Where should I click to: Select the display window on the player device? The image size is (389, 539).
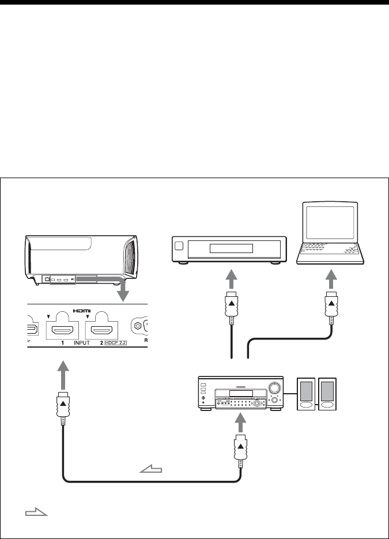pyautogui.click(x=231, y=248)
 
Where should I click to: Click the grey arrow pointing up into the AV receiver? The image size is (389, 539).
pyautogui.click(x=240, y=423)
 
